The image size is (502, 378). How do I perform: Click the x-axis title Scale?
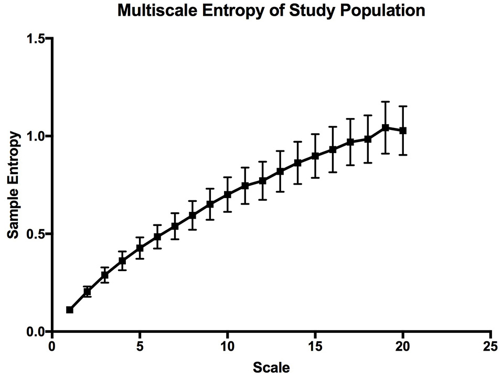pos(271,368)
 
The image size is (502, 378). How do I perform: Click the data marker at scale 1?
pos(69,310)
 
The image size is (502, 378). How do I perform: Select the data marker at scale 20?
pos(403,131)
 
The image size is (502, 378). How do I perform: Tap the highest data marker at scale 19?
pos(386,127)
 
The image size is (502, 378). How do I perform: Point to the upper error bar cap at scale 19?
pos(386,102)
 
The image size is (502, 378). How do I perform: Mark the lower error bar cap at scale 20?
pos(403,155)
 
